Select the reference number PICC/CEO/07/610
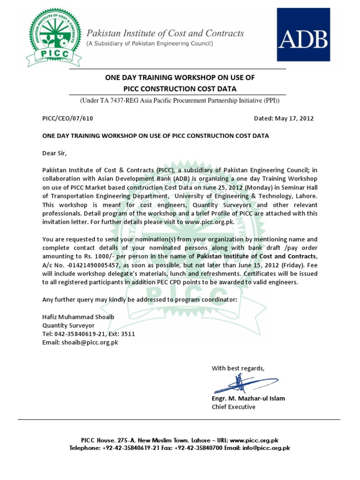67,119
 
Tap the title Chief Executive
233,407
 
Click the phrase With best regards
238,368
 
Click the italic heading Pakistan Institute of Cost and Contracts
165,33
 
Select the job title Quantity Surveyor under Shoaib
68,325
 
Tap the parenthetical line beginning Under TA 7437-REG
180,101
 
